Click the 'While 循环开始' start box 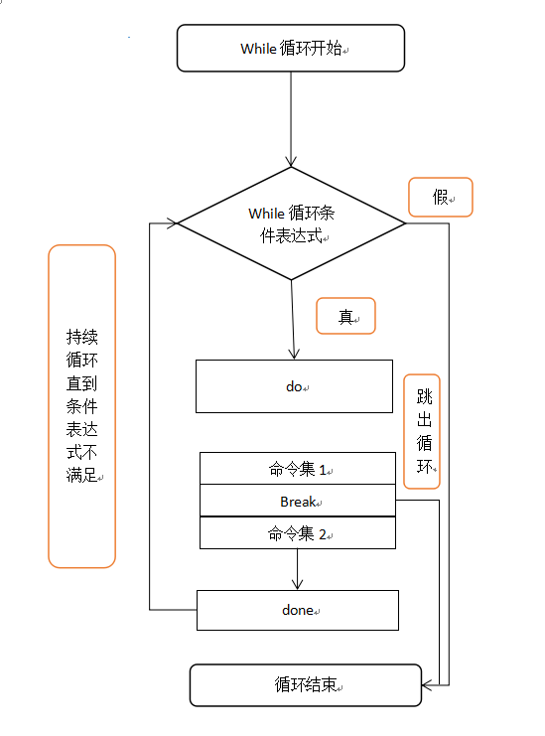point(291,49)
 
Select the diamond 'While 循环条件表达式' point(291,224)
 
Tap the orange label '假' point(441,197)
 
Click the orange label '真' point(345,317)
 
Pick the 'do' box point(295,386)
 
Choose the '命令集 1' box point(298,469)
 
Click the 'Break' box point(298,502)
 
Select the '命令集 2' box point(298,533)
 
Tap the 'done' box point(298,610)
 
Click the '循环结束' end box point(306,685)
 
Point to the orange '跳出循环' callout point(423,430)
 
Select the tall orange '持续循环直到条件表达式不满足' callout point(82,406)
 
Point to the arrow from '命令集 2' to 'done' point(298,570)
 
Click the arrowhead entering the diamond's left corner point(172,223)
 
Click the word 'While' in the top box point(260,49)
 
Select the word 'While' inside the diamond point(266,213)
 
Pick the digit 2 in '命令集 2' point(322,533)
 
